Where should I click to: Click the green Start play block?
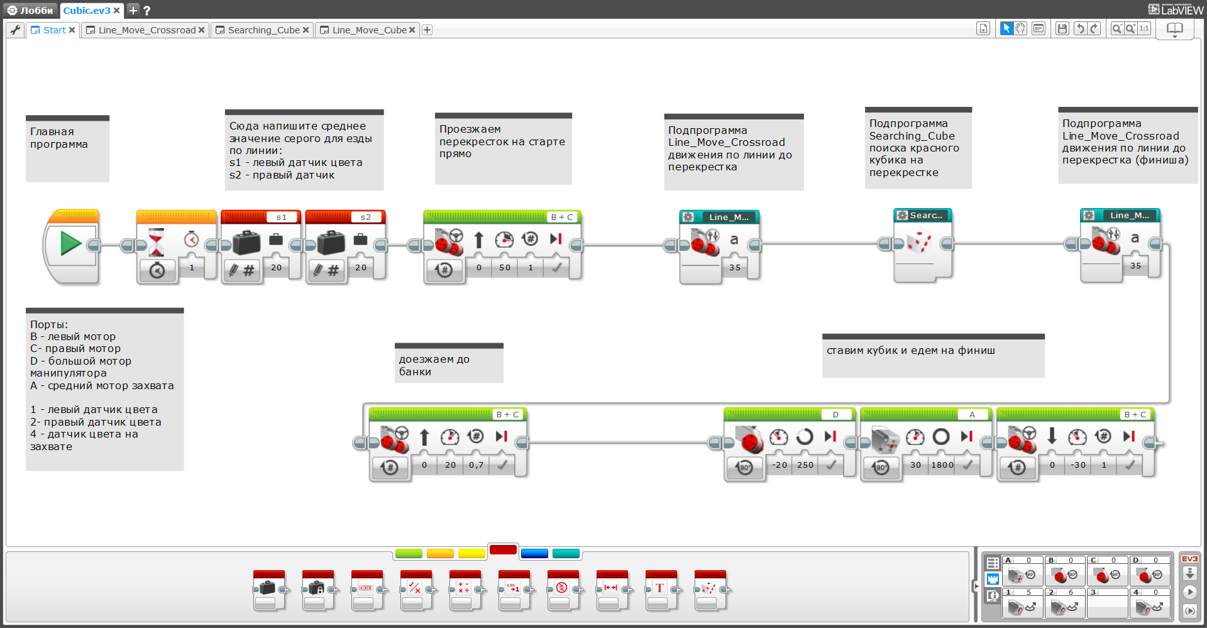[70, 244]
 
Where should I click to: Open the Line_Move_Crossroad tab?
[146, 30]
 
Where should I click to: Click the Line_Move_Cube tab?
[368, 30]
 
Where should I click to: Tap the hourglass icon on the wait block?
[156, 241]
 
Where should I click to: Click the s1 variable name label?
[282, 218]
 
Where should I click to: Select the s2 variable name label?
[366, 218]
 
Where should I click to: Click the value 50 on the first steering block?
[505, 268]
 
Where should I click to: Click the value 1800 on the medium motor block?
[942, 465]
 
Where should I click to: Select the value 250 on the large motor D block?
[805, 465]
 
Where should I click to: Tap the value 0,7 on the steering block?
[477, 465]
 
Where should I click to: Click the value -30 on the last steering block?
[1079, 465]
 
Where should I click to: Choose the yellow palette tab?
[471, 554]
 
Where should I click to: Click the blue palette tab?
[534, 554]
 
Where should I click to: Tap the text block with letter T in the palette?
[659, 588]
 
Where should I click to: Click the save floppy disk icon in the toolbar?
[1062, 29]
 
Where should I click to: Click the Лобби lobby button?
[30, 10]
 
